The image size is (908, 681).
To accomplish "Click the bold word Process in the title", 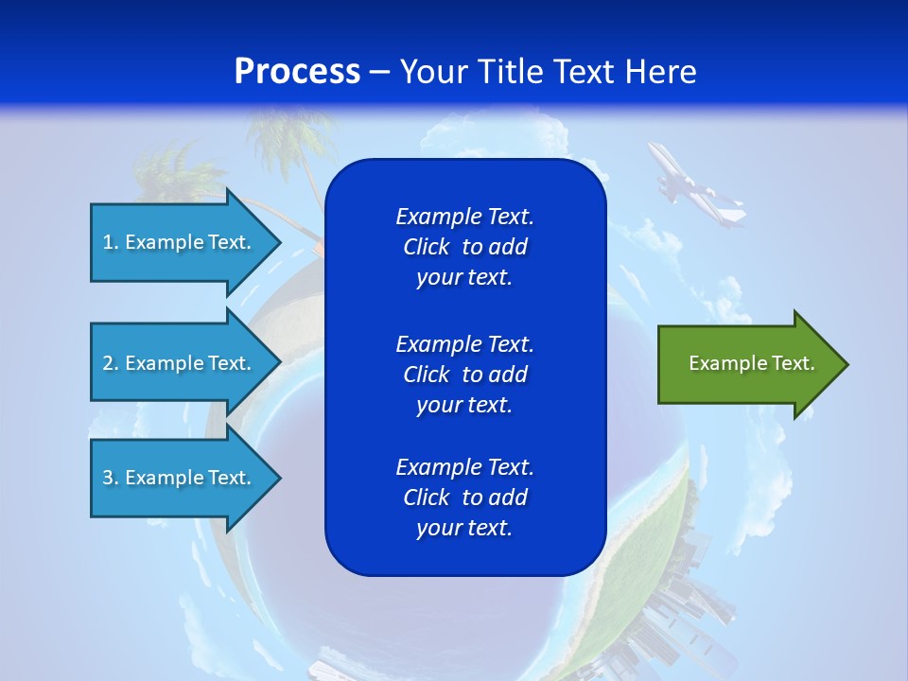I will click(x=297, y=72).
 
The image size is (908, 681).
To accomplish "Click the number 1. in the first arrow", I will click(x=111, y=242).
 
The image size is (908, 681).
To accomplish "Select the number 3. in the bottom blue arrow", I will click(x=111, y=478).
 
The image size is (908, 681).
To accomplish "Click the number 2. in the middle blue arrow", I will click(x=111, y=363).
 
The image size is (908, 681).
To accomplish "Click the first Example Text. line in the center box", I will click(x=464, y=217).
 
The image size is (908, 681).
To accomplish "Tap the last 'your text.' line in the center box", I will click(x=464, y=528).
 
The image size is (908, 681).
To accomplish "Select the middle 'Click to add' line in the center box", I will click(x=464, y=375).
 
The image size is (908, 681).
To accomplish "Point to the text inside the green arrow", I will click(x=752, y=363).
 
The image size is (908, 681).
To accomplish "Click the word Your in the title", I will click(x=430, y=72).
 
